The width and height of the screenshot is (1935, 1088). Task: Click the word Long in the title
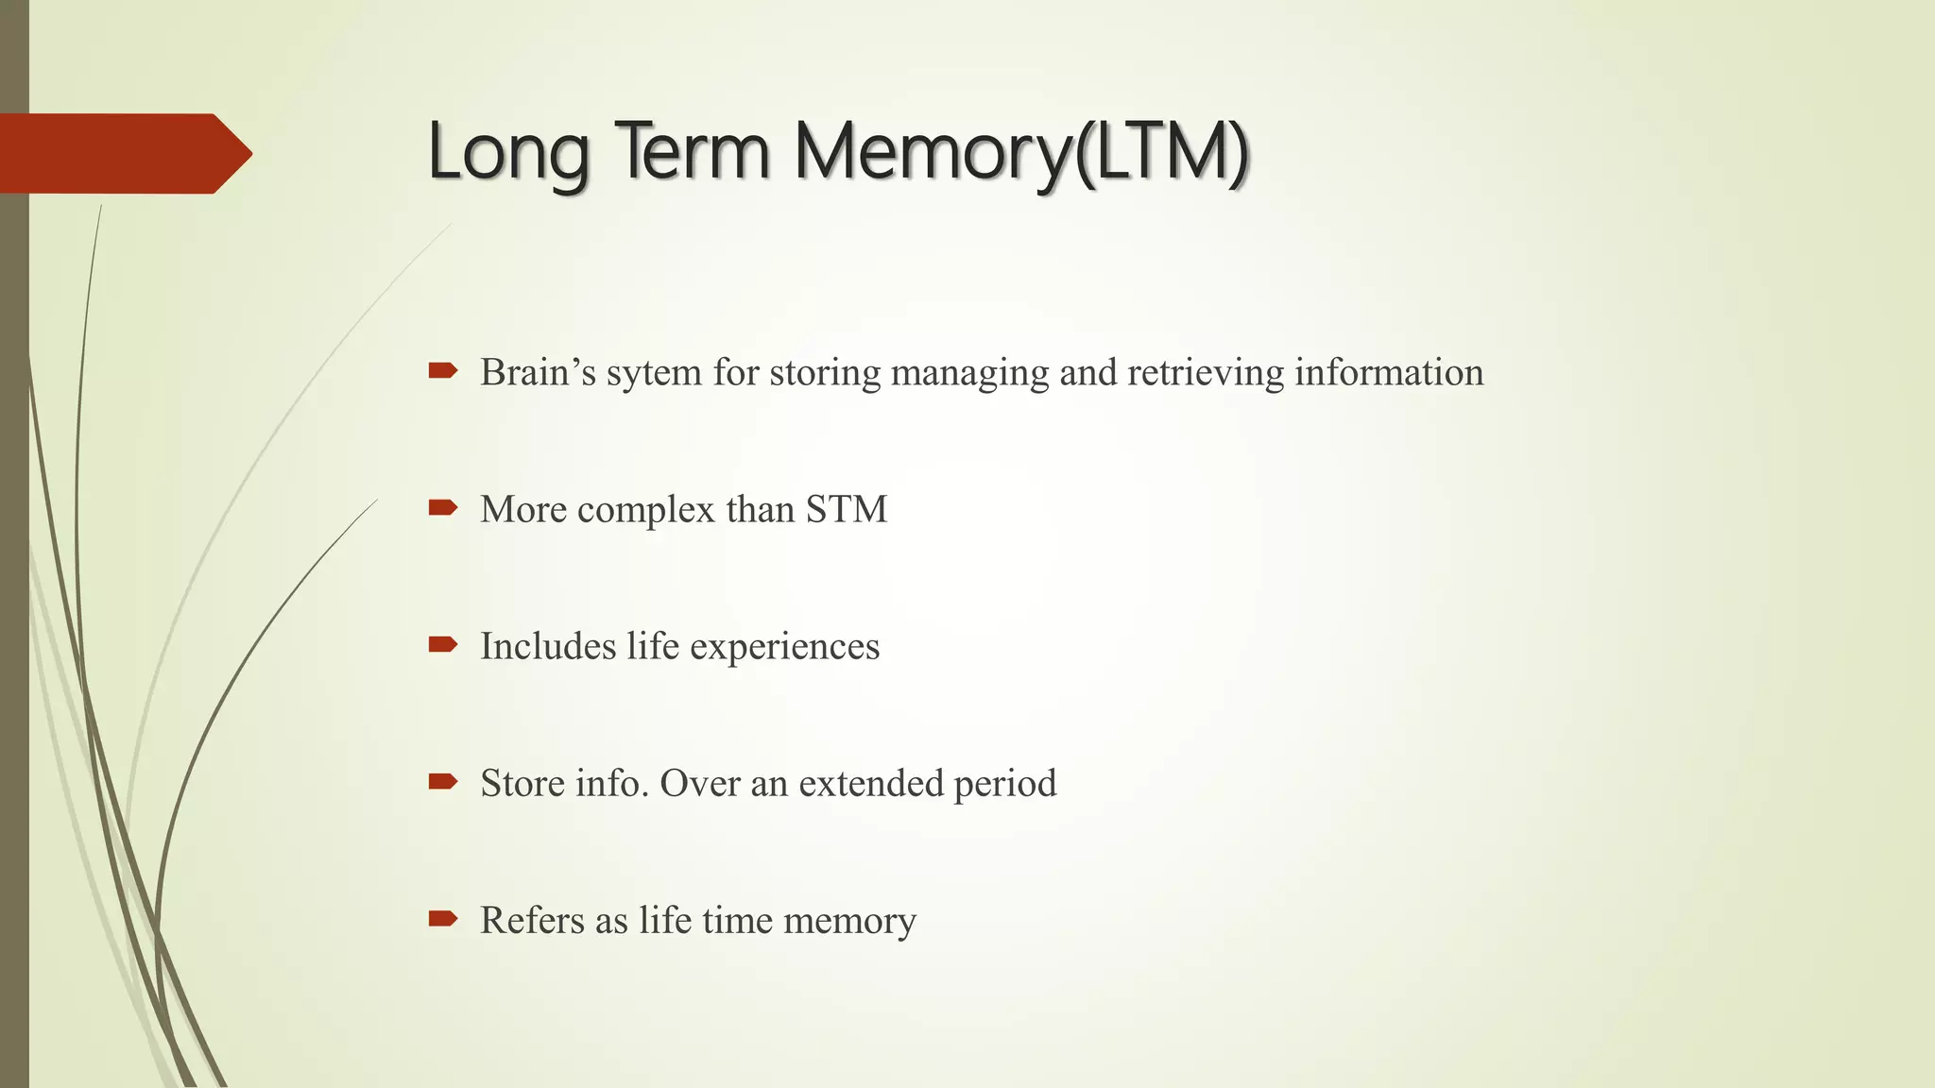tap(508, 153)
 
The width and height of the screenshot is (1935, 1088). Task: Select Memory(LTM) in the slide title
tap(1021, 153)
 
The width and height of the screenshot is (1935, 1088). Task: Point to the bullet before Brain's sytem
tap(442, 370)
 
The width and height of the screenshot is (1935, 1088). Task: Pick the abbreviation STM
tap(847, 509)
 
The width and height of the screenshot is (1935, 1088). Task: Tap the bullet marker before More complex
tap(442, 508)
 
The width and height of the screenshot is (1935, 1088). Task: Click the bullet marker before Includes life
tap(442, 645)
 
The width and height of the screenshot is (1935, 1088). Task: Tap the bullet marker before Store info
tap(442, 781)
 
